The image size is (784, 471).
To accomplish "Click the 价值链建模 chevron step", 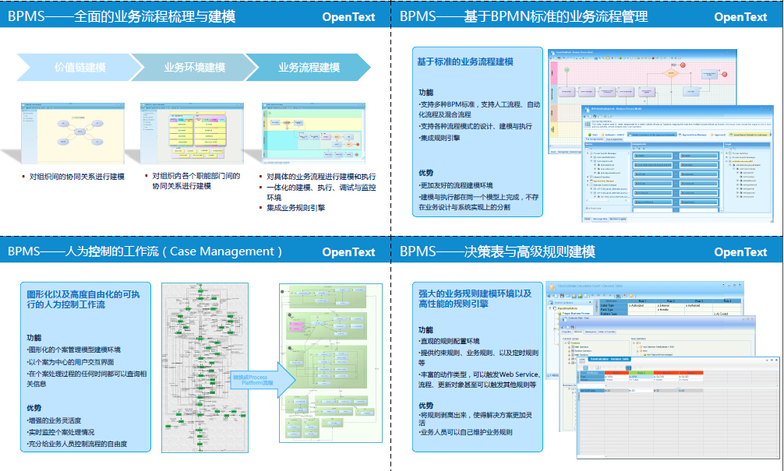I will (x=78, y=68).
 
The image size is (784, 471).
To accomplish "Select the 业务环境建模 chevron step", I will (x=195, y=68).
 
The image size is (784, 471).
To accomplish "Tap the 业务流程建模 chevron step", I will (x=309, y=68).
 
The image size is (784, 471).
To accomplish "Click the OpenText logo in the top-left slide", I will (x=348, y=16).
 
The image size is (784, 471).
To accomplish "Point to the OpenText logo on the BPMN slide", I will (x=740, y=16).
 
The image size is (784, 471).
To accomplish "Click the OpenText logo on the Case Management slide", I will (x=348, y=251).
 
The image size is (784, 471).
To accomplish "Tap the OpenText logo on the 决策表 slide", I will (x=740, y=251).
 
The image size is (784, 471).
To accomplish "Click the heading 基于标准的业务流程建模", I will (x=465, y=62).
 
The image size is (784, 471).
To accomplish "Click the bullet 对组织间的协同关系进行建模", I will (x=77, y=177).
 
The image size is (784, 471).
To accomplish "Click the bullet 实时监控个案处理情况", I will (x=62, y=432).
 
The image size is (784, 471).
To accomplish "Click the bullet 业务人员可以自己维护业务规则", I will (x=466, y=432).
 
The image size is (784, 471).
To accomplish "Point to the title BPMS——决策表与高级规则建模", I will (x=497, y=251).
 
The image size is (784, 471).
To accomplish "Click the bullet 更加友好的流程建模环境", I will (x=457, y=186).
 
